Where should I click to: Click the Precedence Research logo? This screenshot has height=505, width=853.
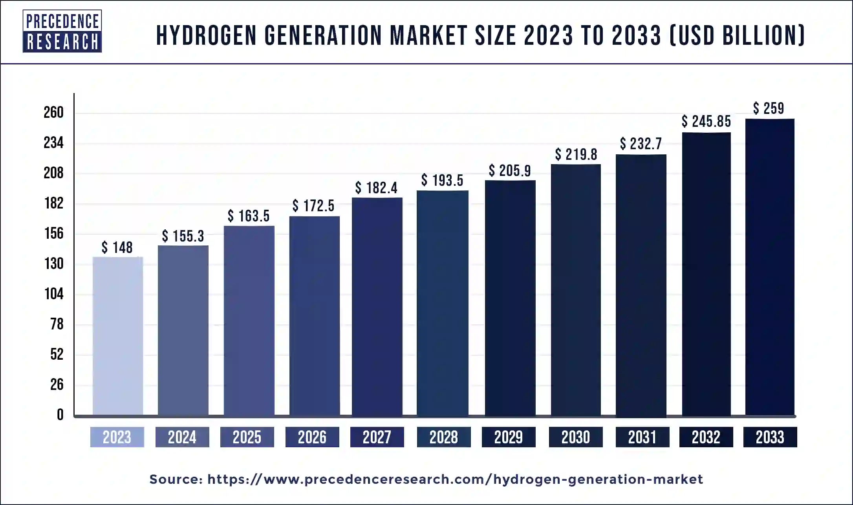(62, 31)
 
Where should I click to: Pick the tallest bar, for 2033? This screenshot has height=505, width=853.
(770, 267)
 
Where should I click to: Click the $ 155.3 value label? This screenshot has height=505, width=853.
(183, 236)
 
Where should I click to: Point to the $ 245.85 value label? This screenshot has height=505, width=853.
(706, 121)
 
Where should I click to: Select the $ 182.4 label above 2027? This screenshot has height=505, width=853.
(376, 188)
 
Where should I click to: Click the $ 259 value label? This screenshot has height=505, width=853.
(769, 108)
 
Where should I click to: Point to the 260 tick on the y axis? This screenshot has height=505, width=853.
(53, 113)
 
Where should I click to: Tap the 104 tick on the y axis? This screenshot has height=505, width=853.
(53, 294)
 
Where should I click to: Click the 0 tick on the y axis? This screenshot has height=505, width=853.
(60, 415)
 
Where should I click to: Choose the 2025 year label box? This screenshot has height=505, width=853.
(247, 437)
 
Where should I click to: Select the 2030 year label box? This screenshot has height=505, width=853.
(575, 437)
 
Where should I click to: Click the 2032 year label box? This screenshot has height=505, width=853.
(706, 437)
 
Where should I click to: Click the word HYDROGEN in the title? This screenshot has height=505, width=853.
(207, 35)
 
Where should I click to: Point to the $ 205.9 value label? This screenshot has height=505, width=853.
(510, 171)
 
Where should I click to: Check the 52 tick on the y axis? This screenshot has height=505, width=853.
(57, 354)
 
